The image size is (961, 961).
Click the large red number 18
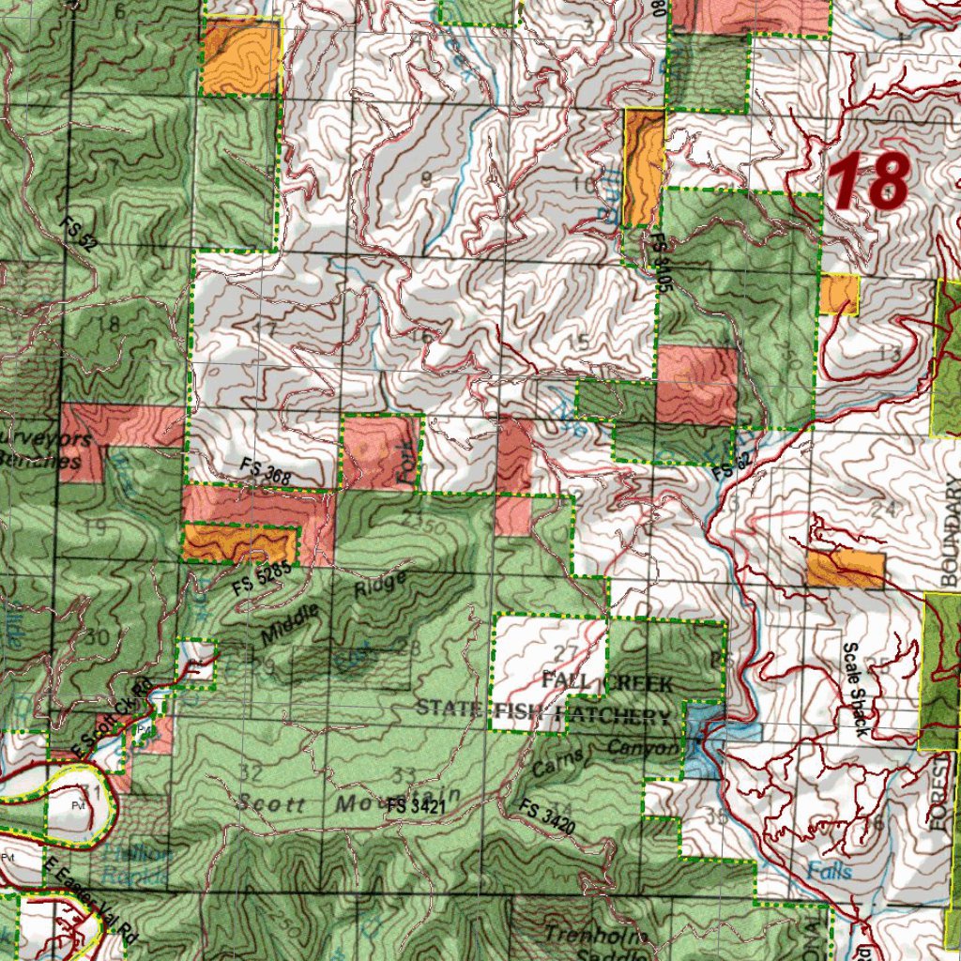(x=869, y=181)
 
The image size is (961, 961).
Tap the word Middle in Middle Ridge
(x=289, y=626)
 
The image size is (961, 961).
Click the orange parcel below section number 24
(x=846, y=570)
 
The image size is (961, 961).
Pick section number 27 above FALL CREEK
(x=566, y=652)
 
